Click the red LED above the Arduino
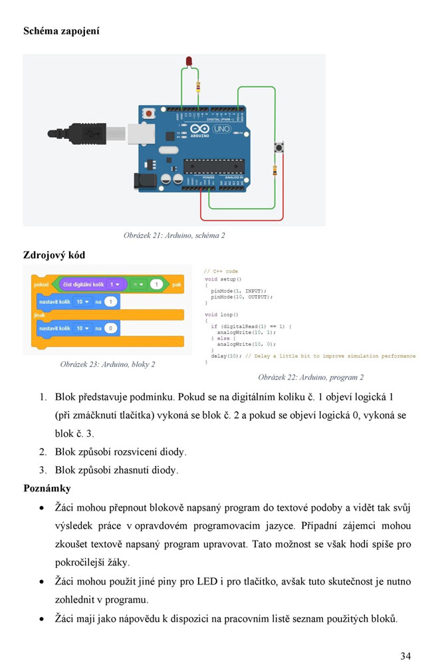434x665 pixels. (188, 62)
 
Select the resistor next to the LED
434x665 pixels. (198, 86)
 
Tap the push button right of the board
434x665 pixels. (278, 147)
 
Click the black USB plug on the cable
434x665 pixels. (86, 134)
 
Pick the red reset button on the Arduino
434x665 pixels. (148, 114)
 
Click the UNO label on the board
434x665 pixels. (221, 128)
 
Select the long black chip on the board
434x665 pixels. (212, 163)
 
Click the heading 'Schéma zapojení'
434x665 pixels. (61, 31)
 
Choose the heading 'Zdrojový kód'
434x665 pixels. (54, 255)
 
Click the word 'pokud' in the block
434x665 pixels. (41, 285)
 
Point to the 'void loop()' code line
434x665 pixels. (222, 314)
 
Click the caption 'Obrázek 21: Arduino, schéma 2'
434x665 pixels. (174, 235)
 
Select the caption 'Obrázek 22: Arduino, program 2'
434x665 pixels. (310, 377)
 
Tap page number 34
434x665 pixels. (405, 656)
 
